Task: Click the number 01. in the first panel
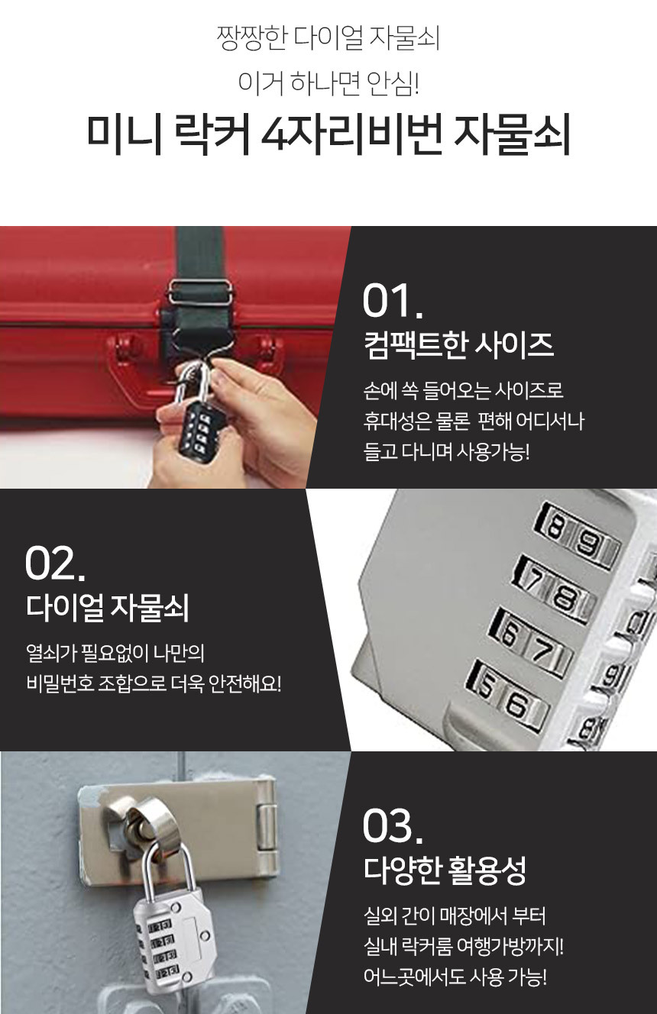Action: pos(393,301)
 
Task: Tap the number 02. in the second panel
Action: pos(55,564)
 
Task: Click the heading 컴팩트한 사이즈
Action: pos(458,345)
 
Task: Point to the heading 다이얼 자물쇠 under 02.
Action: pos(107,608)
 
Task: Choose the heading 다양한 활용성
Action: pos(445,870)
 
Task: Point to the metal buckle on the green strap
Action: pos(200,292)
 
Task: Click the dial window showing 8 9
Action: pos(577,536)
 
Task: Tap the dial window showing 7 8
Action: pos(553,589)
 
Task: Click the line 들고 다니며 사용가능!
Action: pos(446,452)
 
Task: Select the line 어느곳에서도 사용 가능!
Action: pos(455,977)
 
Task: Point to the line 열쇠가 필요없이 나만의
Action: pos(115,653)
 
